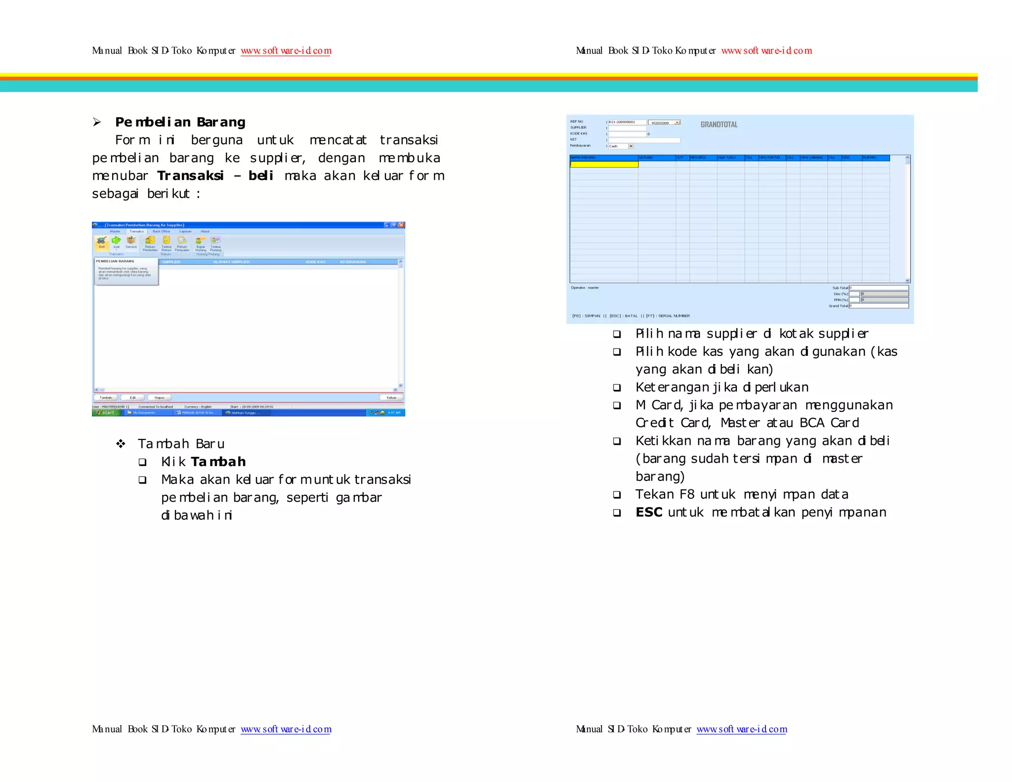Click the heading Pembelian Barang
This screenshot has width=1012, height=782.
[x=180, y=122]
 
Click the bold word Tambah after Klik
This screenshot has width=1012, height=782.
[x=218, y=462]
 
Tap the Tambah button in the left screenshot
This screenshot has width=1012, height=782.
[x=106, y=397]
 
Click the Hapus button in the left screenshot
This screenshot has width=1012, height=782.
[x=159, y=397]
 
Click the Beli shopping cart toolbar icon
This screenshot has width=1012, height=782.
[x=101, y=242]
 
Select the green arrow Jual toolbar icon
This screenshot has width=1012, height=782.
[x=116, y=242]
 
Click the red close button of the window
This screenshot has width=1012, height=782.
[x=402, y=225]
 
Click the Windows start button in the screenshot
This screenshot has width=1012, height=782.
[x=106, y=412]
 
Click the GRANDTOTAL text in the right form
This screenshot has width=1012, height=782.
[x=719, y=125]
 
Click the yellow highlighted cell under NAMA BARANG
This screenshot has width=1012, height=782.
[x=604, y=165]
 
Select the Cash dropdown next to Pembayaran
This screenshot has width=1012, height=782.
[x=621, y=146]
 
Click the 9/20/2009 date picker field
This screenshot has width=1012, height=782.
[x=664, y=123]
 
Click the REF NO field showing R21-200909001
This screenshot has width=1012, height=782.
[x=627, y=122]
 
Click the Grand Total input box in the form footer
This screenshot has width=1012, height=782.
[x=879, y=306]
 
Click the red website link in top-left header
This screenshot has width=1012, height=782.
[x=286, y=51]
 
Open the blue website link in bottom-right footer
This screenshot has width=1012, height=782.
[x=741, y=729]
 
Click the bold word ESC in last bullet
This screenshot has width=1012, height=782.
[x=649, y=512]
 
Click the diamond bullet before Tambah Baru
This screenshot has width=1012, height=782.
[x=121, y=444]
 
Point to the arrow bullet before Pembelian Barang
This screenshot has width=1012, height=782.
[x=97, y=122]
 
